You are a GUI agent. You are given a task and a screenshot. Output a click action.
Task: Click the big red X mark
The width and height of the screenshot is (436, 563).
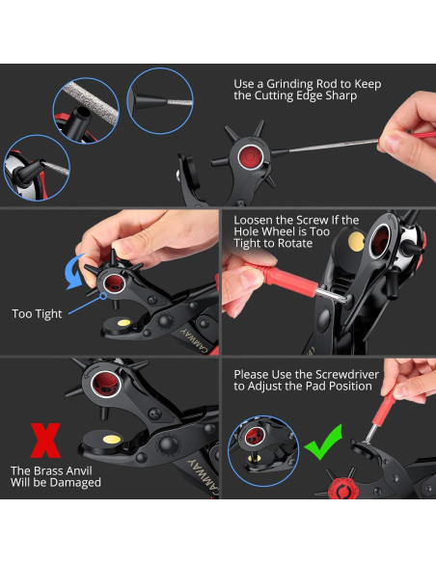coord(45,441)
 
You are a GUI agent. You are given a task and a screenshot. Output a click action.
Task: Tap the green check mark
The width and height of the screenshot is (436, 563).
coord(323,443)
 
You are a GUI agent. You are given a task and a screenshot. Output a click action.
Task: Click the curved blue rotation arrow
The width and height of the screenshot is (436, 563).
coord(73,273)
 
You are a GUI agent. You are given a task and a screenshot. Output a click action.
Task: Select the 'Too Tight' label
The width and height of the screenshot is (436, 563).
coord(37,314)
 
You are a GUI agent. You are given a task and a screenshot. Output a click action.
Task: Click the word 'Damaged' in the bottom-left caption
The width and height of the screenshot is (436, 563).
coord(75,483)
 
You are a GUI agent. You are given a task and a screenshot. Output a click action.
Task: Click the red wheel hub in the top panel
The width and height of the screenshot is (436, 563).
coord(250,156)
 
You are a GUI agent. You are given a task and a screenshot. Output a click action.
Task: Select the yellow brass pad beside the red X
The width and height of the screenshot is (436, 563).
coord(112,440)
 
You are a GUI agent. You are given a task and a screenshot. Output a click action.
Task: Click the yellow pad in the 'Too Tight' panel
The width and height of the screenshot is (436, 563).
coord(123,322)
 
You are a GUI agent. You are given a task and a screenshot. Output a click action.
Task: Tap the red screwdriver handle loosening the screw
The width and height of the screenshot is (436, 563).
coord(282,278)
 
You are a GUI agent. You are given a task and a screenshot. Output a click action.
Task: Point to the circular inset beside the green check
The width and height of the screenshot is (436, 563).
coord(263,451)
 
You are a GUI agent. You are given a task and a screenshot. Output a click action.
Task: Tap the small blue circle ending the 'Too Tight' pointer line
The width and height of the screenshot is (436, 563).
coord(103,296)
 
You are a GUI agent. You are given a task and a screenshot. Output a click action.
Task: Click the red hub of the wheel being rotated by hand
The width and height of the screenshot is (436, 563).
coord(114,283)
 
